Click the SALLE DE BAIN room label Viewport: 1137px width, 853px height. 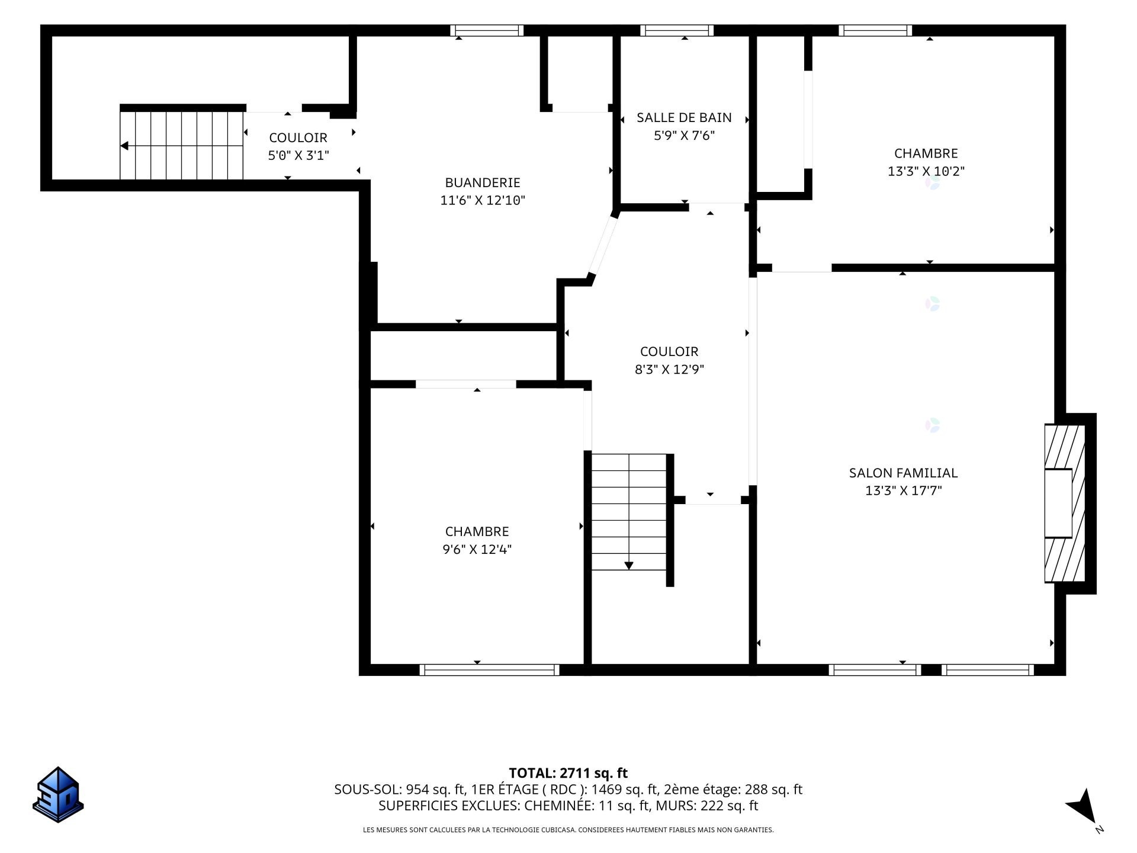click(684, 117)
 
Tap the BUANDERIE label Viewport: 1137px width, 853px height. click(483, 182)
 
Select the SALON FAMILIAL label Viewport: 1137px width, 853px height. click(903, 473)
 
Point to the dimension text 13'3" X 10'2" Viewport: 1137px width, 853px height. click(926, 171)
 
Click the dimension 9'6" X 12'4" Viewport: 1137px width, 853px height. click(477, 549)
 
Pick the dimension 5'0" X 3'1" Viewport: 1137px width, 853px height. click(298, 155)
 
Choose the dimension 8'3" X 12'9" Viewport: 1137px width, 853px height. click(669, 369)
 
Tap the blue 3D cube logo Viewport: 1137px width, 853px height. click(58, 794)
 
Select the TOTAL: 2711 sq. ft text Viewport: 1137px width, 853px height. click(568, 773)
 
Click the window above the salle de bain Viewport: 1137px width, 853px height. click(677, 30)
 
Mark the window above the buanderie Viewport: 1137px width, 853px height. click(487, 30)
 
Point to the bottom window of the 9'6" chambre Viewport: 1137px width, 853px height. click(489, 670)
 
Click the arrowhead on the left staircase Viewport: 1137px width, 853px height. click(124, 146)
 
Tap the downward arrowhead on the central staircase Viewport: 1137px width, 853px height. click(629, 566)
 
